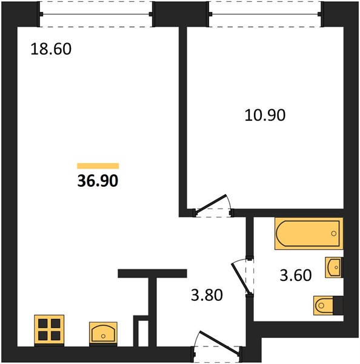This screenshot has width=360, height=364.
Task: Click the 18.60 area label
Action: click(51, 49)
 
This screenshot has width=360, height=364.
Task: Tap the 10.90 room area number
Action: click(265, 115)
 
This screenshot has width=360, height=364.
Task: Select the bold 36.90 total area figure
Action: click(98, 181)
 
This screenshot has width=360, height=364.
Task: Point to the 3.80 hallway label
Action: click(207, 295)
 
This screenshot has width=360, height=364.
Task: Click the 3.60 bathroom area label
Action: click(296, 275)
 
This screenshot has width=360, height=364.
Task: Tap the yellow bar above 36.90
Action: click(98, 166)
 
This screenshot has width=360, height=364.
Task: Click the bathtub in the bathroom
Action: click(308, 234)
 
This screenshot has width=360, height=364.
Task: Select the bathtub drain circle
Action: click(333, 234)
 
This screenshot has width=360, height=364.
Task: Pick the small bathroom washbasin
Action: click(333, 267)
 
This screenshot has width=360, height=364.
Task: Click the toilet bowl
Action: click(324, 306)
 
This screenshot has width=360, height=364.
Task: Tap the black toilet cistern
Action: click(338, 306)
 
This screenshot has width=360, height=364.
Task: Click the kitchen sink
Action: click(103, 334)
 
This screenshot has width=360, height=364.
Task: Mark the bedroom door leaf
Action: click(211, 203)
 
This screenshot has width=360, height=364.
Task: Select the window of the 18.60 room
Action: click(96, 14)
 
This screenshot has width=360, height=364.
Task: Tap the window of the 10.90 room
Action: click(265, 14)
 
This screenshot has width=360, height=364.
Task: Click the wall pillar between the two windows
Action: click(181, 14)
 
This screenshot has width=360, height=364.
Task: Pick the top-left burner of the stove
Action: click(43, 323)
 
